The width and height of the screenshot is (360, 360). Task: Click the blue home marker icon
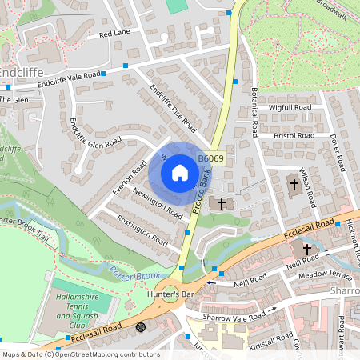[x=179, y=173]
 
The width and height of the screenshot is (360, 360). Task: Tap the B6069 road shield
[x=210, y=160]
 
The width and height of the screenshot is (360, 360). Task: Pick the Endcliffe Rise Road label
[x=174, y=108]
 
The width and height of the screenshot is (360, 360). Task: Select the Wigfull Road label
[x=290, y=106]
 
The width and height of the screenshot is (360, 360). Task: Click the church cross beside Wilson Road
[x=294, y=185]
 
